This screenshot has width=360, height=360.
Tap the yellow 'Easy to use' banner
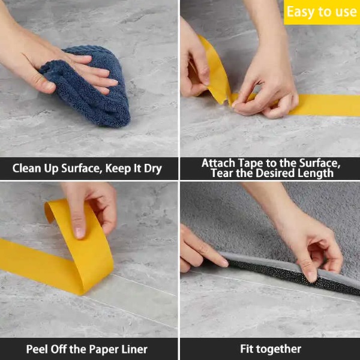[322, 12]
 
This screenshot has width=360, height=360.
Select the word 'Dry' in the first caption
[152, 169]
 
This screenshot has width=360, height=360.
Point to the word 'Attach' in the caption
[218, 163]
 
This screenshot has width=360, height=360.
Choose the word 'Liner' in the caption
[134, 349]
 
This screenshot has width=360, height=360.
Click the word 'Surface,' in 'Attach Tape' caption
[320, 163]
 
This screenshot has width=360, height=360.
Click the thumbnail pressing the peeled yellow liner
[80, 233]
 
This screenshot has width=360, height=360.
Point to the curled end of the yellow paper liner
[49, 211]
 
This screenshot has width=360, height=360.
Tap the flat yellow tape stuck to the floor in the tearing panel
[322, 105]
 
